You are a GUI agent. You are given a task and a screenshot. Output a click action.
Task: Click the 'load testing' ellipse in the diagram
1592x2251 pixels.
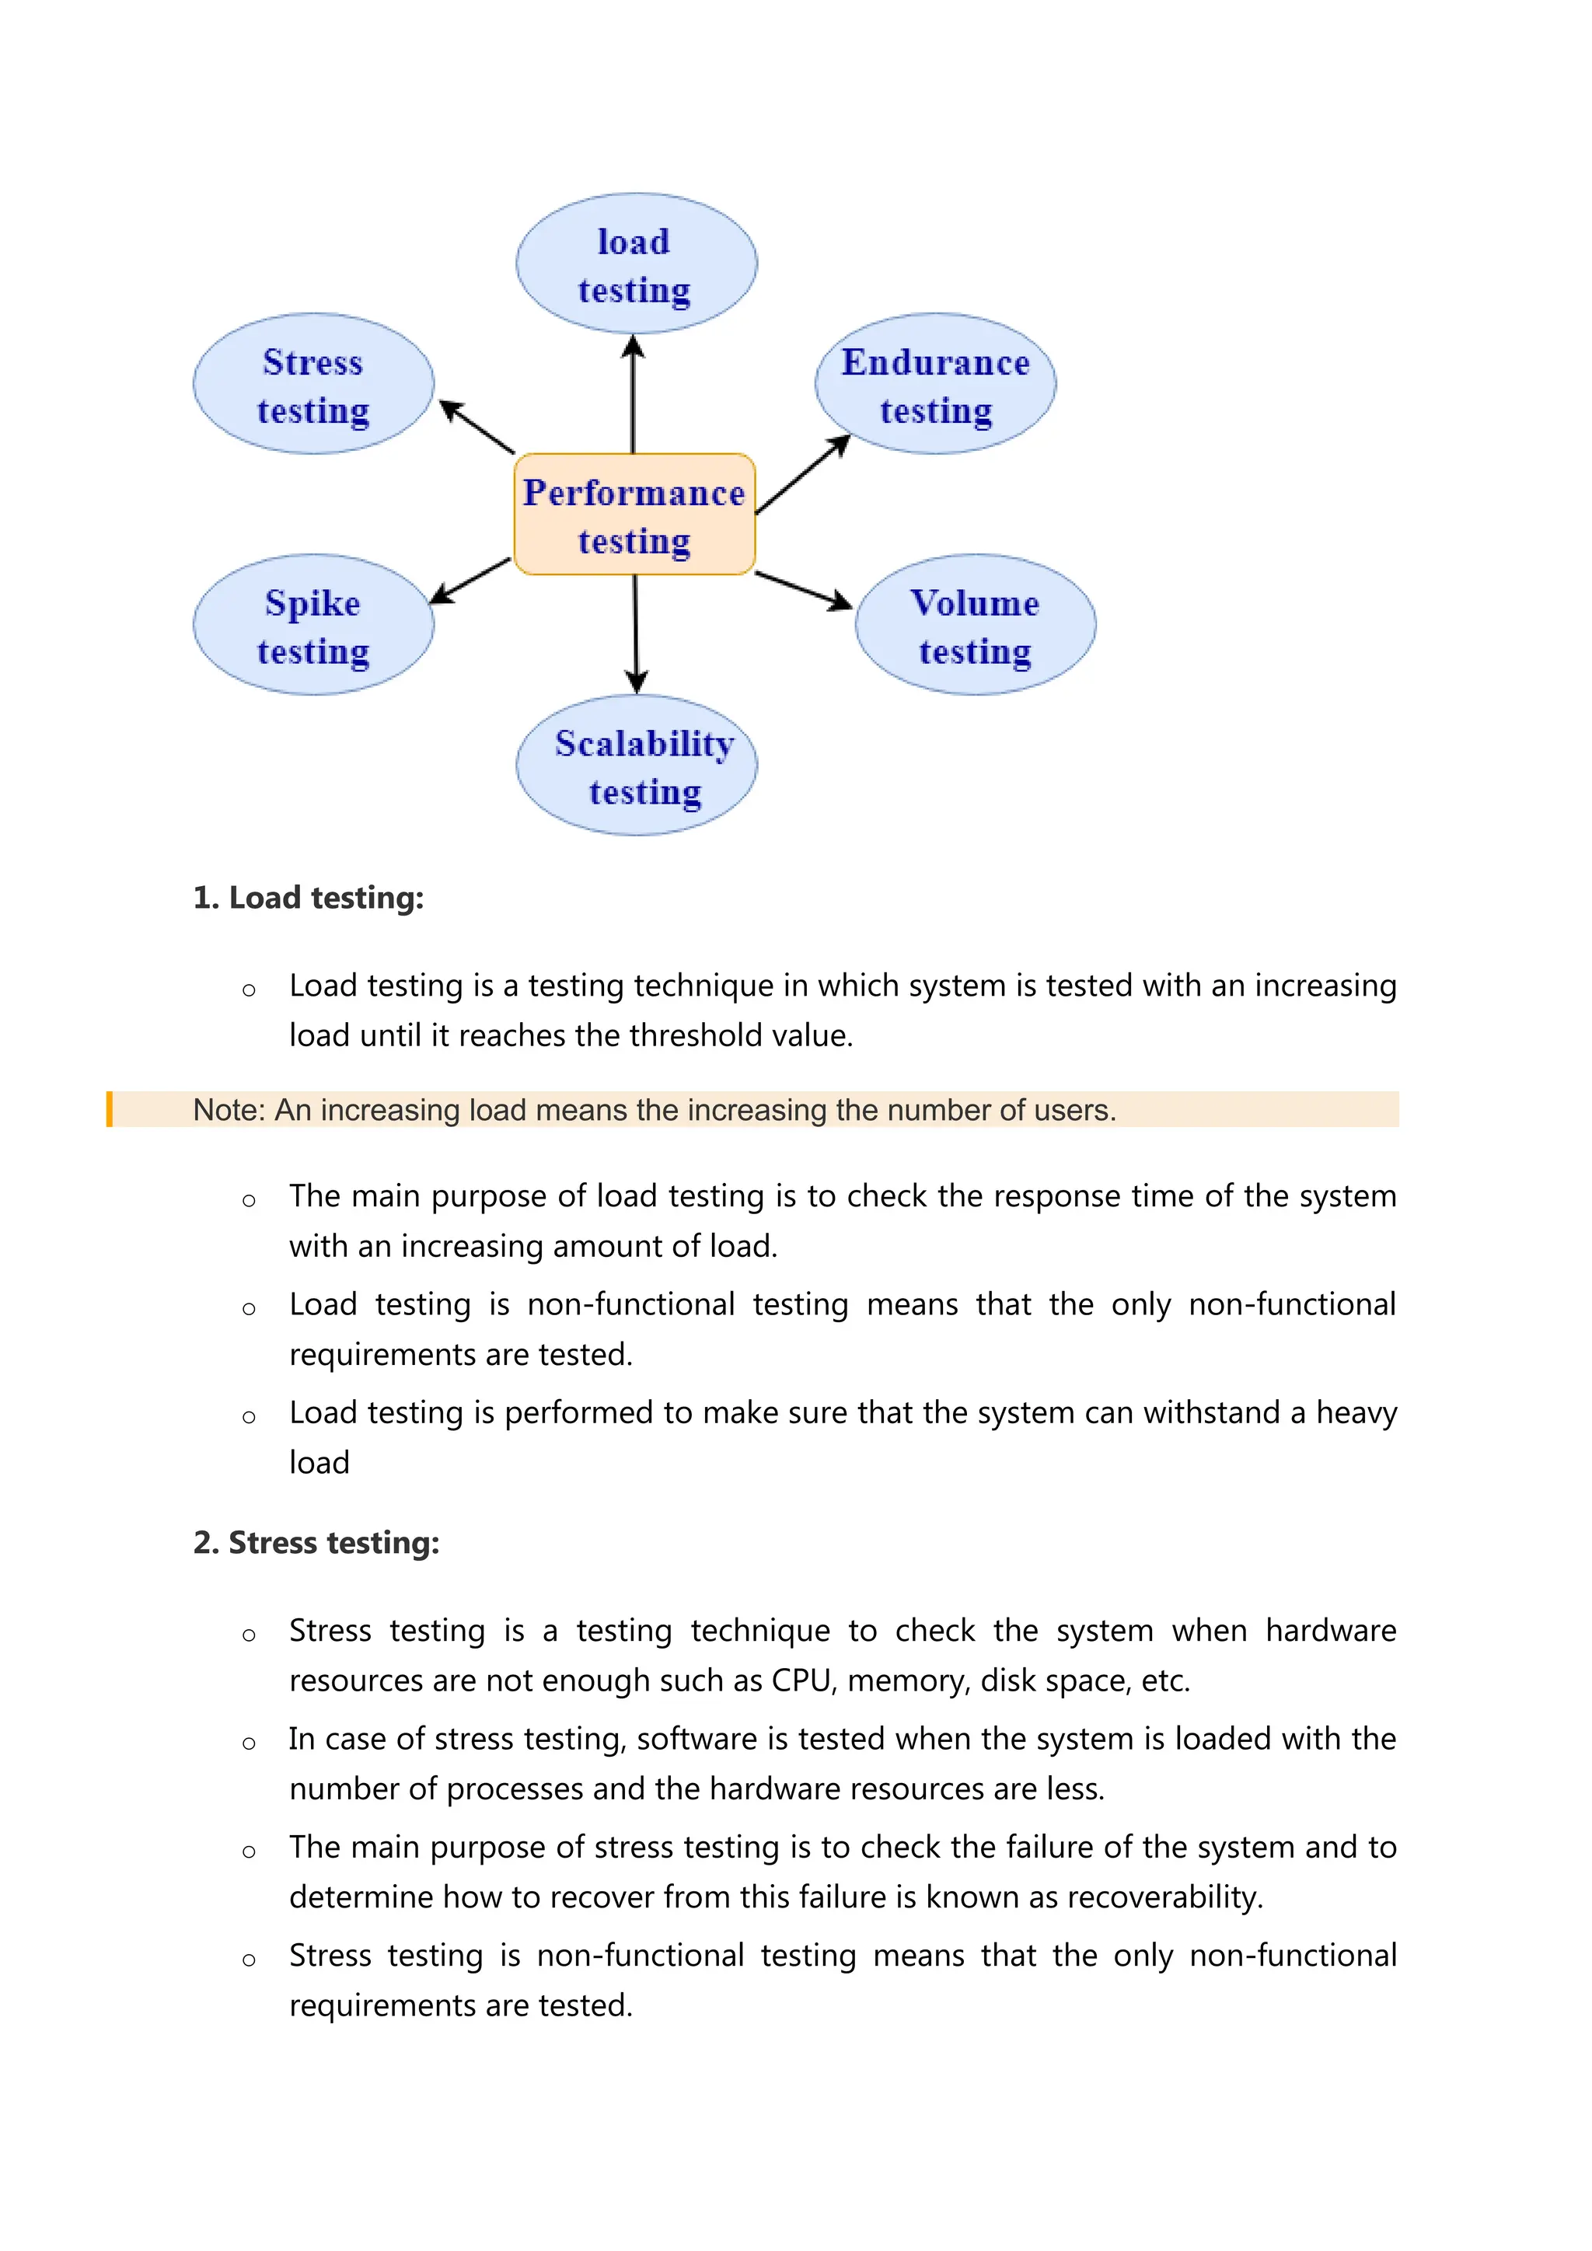coord(636,263)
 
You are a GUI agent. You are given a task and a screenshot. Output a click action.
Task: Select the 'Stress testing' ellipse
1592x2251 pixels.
coord(314,384)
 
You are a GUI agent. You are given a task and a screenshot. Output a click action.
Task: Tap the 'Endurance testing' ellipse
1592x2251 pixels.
coord(935,384)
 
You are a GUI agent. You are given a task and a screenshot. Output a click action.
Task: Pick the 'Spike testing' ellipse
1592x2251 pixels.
coord(314,626)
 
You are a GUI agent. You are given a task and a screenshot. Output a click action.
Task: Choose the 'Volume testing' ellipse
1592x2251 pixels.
coord(976,626)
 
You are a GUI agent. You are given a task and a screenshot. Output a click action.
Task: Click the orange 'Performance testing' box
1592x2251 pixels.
coord(635,515)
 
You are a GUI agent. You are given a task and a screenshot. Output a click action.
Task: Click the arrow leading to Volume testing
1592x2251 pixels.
coord(803,590)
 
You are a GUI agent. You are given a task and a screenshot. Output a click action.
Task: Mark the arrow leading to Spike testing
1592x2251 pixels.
coord(470,581)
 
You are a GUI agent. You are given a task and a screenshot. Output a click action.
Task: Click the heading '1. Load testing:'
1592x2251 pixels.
coord(308,898)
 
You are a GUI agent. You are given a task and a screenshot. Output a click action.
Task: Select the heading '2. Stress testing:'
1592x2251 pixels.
coord(316,1543)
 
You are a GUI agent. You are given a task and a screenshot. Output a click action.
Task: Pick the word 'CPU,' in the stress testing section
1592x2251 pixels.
coord(804,1681)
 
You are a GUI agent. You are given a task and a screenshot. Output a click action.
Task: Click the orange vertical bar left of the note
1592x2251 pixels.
coord(110,1110)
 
